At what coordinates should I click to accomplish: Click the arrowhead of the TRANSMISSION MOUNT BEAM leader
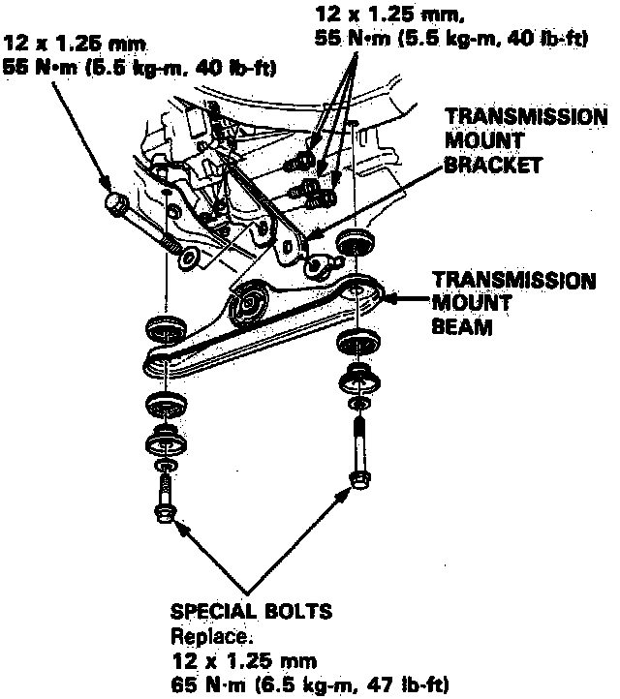386,299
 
